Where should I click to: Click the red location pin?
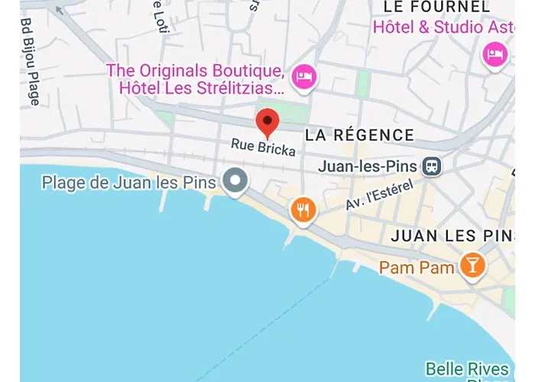(x=267, y=122)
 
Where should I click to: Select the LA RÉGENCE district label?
(x=359, y=136)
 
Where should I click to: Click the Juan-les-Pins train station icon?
(x=433, y=166)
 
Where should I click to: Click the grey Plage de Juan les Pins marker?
(x=235, y=182)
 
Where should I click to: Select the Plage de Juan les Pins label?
(x=130, y=183)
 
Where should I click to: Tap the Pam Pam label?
(x=418, y=267)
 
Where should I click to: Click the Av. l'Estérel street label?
(x=379, y=196)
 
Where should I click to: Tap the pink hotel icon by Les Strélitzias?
(x=305, y=76)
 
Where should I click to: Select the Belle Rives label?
(x=466, y=369)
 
